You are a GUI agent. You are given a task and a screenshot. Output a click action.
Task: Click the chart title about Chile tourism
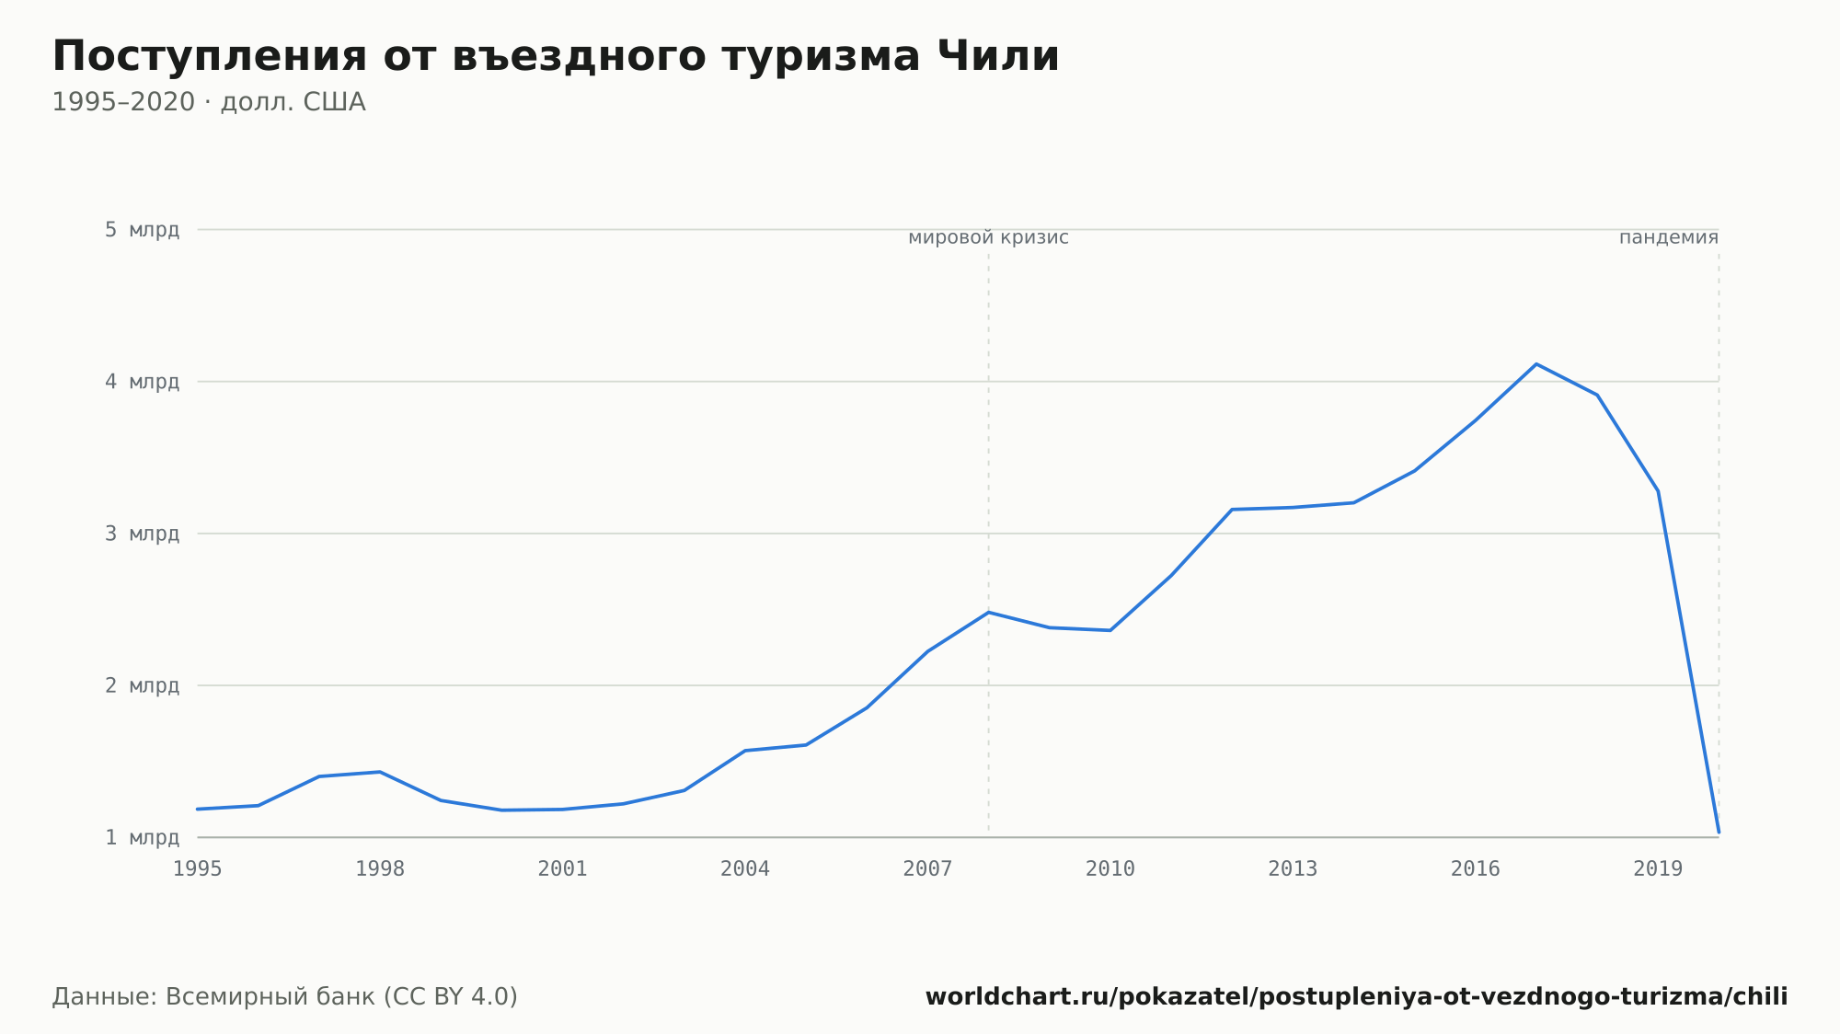[556, 57]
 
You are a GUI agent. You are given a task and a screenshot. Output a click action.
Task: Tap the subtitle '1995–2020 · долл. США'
[209, 102]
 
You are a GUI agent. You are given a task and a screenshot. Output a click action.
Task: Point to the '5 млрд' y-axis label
[142, 230]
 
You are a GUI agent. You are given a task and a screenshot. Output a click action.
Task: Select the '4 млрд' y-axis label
[142, 382]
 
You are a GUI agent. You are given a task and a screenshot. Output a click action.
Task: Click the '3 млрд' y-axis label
[142, 534]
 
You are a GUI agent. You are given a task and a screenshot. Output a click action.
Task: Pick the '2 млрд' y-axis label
[142, 685]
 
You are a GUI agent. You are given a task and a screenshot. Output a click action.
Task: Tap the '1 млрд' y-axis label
[142, 837]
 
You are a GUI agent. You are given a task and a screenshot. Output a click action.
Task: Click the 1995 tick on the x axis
[198, 869]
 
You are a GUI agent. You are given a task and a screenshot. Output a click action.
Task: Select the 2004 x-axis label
[745, 869]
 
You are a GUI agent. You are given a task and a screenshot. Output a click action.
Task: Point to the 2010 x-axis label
[1110, 869]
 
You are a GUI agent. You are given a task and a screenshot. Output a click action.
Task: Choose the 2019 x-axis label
[1658, 869]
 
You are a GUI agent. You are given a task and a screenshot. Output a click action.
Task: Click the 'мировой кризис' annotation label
[988, 238]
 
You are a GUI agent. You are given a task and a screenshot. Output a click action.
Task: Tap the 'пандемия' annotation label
[1669, 238]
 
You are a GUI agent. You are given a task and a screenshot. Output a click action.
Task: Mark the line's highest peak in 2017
[1536, 364]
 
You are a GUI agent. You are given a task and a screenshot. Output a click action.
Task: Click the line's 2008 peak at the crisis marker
[988, 612]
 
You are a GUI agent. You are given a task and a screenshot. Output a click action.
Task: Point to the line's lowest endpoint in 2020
[1719, 833]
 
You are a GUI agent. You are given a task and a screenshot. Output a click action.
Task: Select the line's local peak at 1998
[380, 772]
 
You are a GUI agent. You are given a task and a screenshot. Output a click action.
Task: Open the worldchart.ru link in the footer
[1356, 997]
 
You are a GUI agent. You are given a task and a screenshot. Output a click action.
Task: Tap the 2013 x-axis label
[1293, 869]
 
